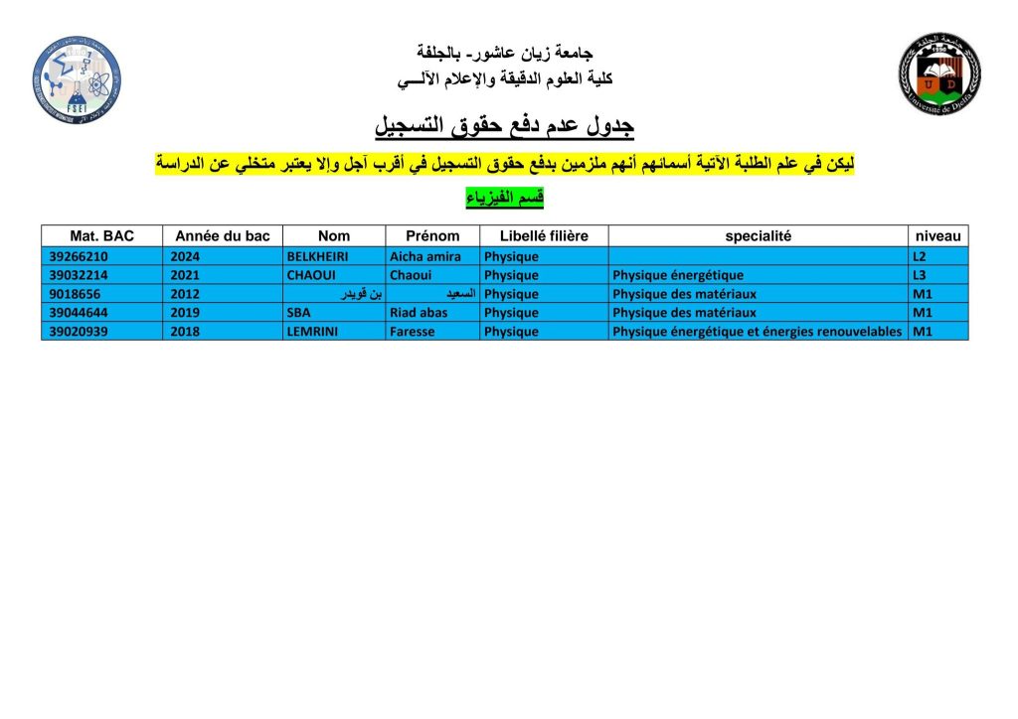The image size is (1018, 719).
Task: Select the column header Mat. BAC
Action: pyautogui.click(x=101, y=235)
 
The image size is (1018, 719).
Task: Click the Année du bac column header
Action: pyautogui.click(x=222, y=235)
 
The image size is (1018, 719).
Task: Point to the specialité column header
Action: pyautogui.click(x=758, y=235)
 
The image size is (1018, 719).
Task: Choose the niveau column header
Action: pyautogui.click(x=937, y=235)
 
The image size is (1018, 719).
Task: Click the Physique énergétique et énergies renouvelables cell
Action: pyautogui.click(x=758, y=332)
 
